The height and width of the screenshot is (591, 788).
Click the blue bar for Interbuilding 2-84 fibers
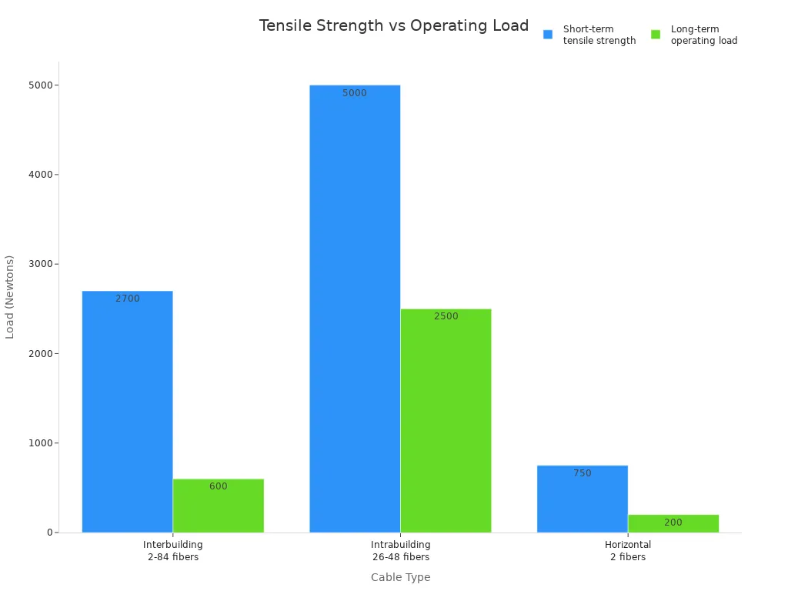127,412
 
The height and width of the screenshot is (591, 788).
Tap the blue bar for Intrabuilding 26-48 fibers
355,308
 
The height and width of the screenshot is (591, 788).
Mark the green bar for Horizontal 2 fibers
673,523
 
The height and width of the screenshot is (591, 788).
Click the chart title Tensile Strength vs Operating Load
394,25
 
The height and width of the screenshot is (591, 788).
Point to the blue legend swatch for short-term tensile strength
548,35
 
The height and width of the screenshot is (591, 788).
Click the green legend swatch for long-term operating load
656,35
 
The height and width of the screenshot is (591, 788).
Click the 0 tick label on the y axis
49,533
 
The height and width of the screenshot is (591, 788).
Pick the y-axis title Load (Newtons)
10,296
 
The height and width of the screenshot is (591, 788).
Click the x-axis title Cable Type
400,577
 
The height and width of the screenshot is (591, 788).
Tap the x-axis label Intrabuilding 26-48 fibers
400,551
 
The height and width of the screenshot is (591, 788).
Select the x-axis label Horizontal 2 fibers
628,551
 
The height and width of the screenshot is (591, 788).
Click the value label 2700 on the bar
128,299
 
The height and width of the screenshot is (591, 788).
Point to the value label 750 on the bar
583,473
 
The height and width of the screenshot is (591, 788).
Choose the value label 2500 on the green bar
446,316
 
